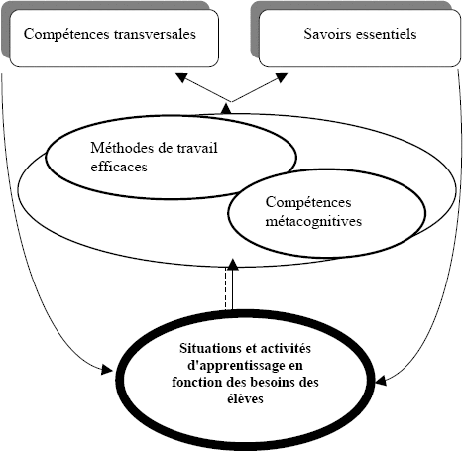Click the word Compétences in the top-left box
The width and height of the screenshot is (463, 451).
(66, 34)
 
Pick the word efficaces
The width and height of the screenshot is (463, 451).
(119, 167)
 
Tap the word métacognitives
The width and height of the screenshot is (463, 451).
(313, 221)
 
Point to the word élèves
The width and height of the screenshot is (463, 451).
(245, 398)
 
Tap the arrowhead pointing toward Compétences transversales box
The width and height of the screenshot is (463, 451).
(181, 78)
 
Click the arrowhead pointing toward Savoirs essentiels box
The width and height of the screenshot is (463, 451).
(282, 78)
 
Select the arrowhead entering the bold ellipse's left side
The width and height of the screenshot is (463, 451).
(107, 369)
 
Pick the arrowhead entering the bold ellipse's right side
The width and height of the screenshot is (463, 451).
(381, 380)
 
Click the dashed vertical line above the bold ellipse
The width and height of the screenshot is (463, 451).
(226, 288)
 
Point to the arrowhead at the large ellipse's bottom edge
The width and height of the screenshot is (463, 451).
(233, 265)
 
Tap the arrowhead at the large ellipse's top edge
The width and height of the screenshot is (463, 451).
(226, 109)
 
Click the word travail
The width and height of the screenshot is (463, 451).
(197, 148)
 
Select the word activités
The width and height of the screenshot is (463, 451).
(286, 348)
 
